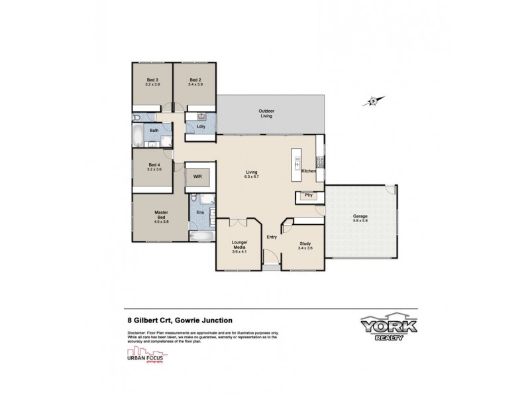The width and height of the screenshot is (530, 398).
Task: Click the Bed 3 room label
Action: [x=152, y=80]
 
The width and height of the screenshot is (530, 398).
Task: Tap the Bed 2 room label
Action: [x=194, y=80]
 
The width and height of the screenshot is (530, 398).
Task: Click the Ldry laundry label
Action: [x=201, y=126]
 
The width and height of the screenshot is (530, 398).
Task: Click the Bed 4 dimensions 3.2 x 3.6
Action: [x=154, y=168]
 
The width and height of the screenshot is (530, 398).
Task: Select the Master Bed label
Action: [x=161, y=213]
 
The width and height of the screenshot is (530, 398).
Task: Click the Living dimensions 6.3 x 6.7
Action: [x=251, y=176]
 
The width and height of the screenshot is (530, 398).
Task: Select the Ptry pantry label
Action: [x=307, y=196]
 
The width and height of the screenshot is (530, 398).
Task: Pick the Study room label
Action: [x=305, y=243]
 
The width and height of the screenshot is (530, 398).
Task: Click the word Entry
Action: [x=272, y=237]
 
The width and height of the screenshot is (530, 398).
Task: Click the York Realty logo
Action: [x=388, y=330]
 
